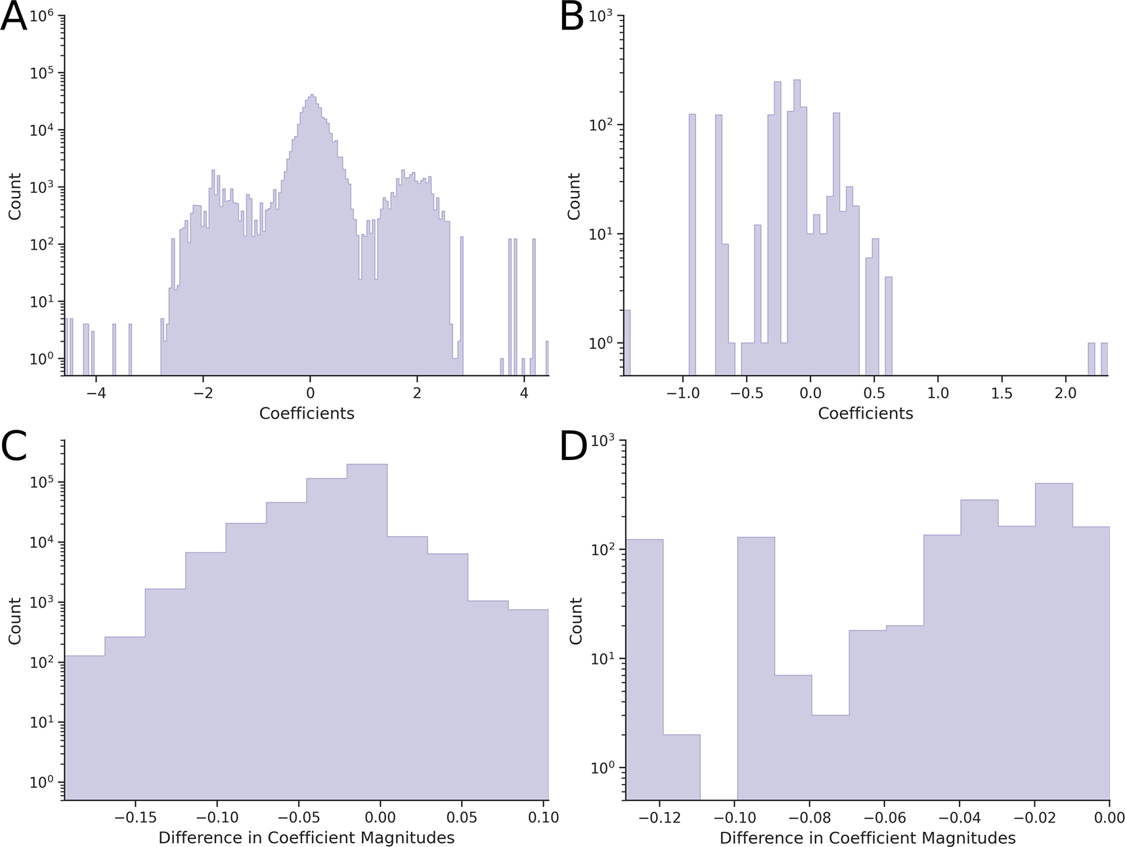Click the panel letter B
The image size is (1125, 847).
coord(571,17)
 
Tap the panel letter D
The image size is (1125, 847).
coord(573,446)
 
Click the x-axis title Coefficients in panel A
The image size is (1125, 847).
coord(307,413)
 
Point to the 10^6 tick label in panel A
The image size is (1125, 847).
coord(41,16)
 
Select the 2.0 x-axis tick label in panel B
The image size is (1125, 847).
coord(1065,394)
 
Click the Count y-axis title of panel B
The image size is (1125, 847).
coord(574,196)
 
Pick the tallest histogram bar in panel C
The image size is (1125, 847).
coord(366,630)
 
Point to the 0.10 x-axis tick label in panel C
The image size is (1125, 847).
coord(543,817)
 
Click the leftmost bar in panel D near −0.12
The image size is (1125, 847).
coord(644,669)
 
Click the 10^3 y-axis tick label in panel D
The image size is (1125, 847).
coord(602,441)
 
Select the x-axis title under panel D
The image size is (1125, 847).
coord(867,838)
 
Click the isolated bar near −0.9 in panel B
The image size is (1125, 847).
coord(692,243)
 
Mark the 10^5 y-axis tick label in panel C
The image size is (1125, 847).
coord(41,482)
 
